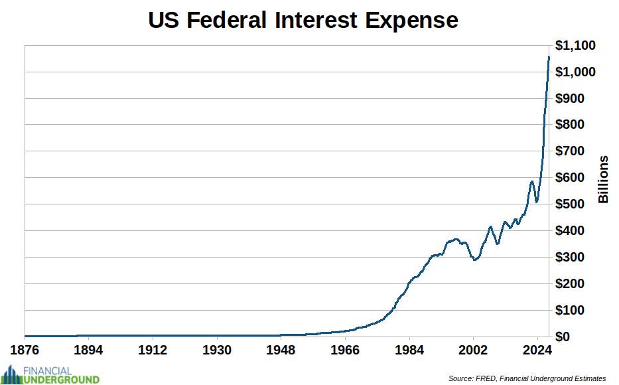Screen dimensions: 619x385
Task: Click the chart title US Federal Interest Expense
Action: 303,20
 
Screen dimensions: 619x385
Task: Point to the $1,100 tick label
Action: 575,45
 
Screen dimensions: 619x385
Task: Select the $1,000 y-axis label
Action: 575,72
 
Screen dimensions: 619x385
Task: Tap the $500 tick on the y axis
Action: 570,204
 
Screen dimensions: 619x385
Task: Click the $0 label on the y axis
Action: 563,337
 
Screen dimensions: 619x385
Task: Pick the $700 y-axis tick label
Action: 570,151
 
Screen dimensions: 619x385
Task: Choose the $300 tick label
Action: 570,257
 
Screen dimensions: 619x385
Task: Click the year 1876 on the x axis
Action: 24,350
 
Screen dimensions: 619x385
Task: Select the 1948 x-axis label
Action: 281,350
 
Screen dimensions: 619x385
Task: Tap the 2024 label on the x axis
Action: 537,350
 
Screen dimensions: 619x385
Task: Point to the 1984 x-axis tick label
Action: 409,350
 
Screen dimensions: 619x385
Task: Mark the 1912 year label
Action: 153,350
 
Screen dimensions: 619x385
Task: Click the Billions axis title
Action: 603,180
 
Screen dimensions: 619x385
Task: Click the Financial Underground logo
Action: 51,375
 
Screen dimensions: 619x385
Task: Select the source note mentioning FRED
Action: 527,378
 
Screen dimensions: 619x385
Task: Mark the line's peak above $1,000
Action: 549,57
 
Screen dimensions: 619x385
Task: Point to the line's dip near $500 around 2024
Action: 537,202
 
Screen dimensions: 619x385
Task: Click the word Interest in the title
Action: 316,20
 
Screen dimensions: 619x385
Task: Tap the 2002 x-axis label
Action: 473,350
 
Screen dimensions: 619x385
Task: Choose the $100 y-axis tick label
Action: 570,311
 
